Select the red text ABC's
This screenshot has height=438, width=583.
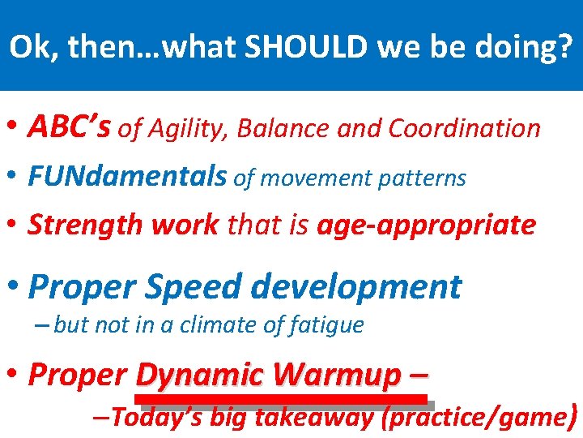[x=70, y=127]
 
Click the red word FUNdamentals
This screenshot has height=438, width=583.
[x=128, y=177]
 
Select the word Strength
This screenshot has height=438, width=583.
[x=77, y=225]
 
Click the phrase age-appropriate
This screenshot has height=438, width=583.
[x=426, y=225]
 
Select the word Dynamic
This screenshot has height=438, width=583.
[x=200, y=375]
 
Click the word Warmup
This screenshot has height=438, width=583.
[x=336, y=375]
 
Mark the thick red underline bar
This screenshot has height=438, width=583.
[x=280, y=398]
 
